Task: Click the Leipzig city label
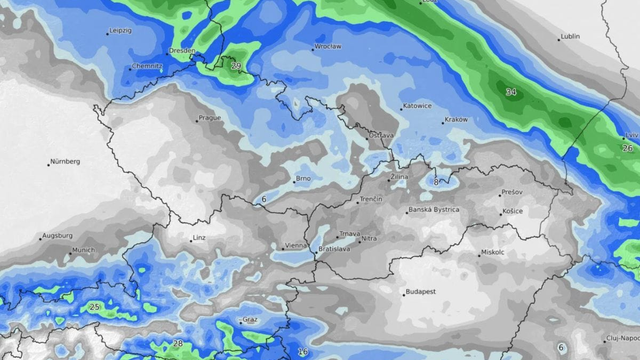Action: [119, 31]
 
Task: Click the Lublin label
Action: [570, 37]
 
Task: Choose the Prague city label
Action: [210, 117]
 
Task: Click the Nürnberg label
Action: [65, 160]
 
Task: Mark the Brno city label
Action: [303, 179]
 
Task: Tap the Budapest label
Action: [420, 292]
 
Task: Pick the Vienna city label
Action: [296, 245]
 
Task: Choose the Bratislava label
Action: [333, 249]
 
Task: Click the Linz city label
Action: [200, 238]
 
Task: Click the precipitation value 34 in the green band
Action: [511, 92]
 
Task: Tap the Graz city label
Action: [250, 320]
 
